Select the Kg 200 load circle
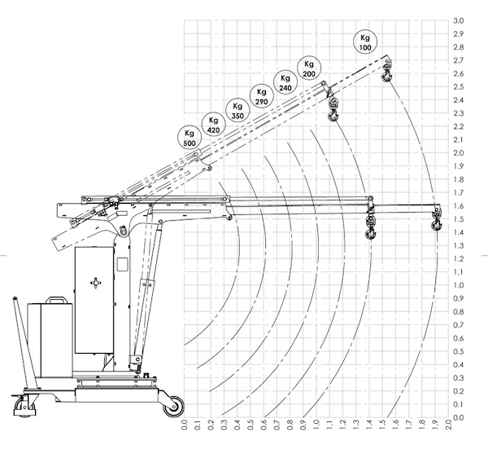pyautogui.click(x=308, y=68)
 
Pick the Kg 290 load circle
pyautogui.click(x=261, y=96)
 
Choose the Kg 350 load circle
pyautogui.click(x=237, y=111)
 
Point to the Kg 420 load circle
pyautogui.click(x=214, y=125)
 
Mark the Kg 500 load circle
pyautogui.click(x=190, y=138)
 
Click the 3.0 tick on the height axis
pyautogui.click(x=458, y=20)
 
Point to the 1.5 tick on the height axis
pyautogui.click(x=458, y=219)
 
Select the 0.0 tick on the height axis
pyautogui.click(x=458, y=418)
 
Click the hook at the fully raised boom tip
pyautogui.click(x=387, y=76)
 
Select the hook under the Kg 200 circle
pyautogui.click(x=333, y=112)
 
